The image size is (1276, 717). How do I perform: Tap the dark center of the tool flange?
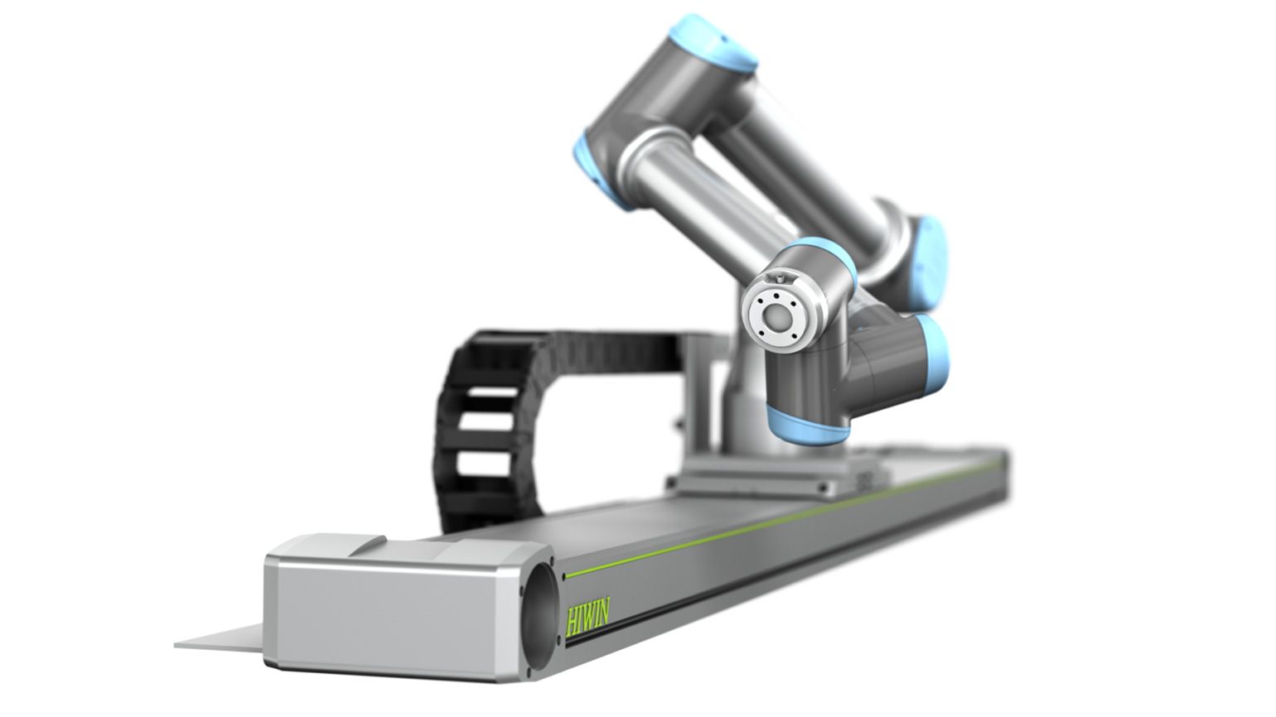(778, 318)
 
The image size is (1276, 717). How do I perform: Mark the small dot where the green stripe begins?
(565, 575)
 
